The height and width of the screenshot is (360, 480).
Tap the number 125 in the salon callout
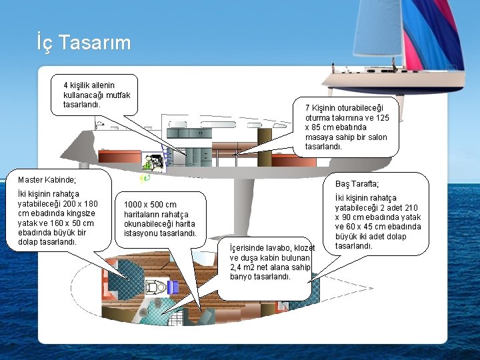coord(381,117)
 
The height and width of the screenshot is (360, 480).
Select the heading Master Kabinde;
coord(47,180)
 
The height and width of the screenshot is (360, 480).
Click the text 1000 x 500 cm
coord(151,205)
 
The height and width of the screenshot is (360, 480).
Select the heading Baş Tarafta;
coord(357,184)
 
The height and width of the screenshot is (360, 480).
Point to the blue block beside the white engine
coord(173,287)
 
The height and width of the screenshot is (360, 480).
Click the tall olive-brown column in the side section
coord(265,143)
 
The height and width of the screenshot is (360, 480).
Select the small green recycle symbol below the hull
coord(145,177)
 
